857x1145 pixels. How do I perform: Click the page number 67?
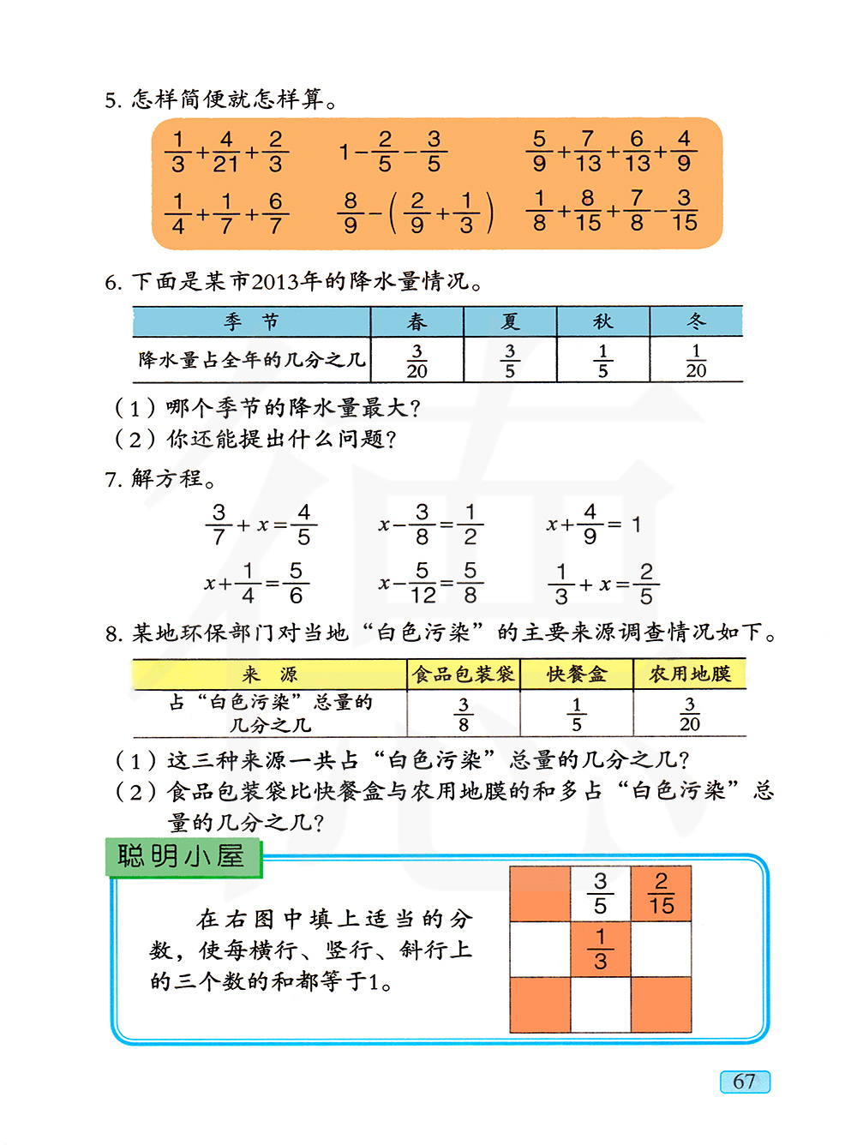(745, 1082)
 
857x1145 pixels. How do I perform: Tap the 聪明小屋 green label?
(182, 857)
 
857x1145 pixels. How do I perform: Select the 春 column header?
(417, 322)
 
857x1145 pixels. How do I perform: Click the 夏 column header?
(510, 322)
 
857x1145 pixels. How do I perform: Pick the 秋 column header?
(603, 322)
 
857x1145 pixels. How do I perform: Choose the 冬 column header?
(696, 322)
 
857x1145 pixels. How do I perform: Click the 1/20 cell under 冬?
(696, 361)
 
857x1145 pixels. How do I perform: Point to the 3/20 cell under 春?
(417, 361)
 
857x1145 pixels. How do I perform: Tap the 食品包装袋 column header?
(463, 674)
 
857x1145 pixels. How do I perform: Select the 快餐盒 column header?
(577, 674)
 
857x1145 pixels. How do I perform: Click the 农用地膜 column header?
(690, 674)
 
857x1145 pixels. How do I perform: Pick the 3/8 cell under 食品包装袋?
(463, 714)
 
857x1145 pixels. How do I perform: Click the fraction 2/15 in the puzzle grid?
(661, 893)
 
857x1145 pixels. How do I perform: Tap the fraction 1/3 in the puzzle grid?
(601, 949)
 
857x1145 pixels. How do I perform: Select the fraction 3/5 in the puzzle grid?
(601, 893)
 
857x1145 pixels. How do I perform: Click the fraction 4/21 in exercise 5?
(226, 152)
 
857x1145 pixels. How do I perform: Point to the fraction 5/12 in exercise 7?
(423, 583)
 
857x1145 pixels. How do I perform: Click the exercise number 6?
(112, 282)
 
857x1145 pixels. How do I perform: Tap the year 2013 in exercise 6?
(274, 281)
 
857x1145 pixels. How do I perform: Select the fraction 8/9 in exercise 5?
(351, 213)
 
